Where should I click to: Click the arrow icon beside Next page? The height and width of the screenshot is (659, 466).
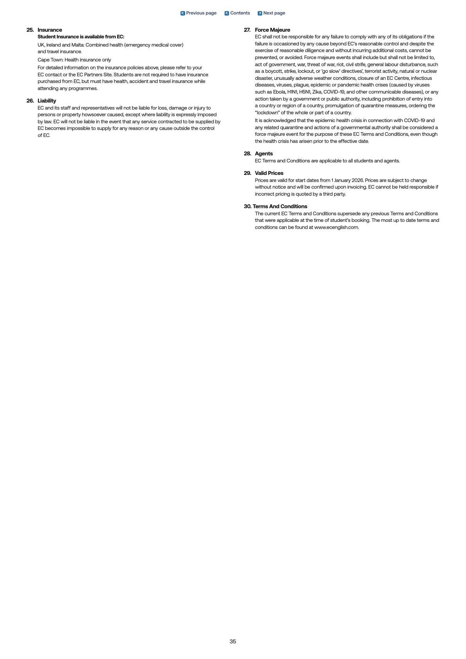coord(260,13)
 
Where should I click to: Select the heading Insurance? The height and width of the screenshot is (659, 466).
coord(50,30)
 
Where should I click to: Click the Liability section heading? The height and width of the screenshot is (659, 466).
coord(47,101)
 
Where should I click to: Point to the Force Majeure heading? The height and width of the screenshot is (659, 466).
coord(272,30)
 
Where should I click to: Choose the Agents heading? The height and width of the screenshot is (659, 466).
coord(264,153)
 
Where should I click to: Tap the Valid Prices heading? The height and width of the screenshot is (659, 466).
coord(269,173)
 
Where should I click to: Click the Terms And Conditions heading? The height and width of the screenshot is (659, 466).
coord(280,206)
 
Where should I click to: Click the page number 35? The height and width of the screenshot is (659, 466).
coord(233,641)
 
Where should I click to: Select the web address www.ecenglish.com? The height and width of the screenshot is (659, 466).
coord(336,227)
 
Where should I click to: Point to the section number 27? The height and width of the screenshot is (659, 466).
coord(247,30)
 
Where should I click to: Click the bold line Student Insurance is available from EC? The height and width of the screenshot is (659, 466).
coord(81,37)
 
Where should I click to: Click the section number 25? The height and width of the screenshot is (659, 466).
coord(30,30)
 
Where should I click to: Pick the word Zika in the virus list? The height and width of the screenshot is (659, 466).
coord(317,92)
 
